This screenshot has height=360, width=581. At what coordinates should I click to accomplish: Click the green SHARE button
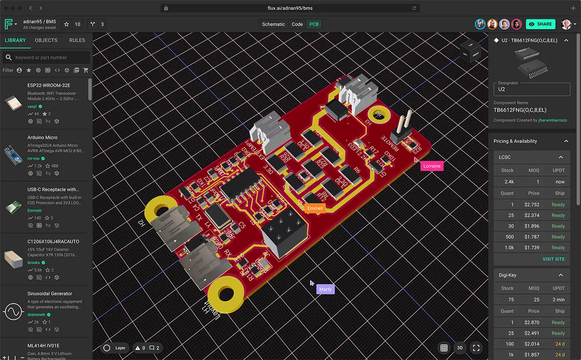[540, 24]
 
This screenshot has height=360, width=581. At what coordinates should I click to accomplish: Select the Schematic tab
[273, 24]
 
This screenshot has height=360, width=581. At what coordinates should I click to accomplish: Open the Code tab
[297, 24]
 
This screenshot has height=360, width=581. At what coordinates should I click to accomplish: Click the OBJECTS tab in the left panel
[46, 40]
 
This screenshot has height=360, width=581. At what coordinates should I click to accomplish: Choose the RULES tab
[77, 40]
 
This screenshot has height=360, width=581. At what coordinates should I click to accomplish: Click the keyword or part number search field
[50, 57]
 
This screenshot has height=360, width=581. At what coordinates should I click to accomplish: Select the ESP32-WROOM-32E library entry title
[49, 85]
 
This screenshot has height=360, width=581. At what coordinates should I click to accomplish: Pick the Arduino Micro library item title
[42, 137]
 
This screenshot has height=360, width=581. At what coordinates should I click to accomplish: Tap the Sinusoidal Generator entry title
[49, 294]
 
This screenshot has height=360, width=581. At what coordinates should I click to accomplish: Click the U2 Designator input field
[531, 89]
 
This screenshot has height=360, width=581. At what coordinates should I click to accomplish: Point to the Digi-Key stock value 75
[510, 299]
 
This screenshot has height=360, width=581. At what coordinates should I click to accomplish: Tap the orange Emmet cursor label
[315, 208]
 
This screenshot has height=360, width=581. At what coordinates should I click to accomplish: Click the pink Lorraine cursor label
[432, 166]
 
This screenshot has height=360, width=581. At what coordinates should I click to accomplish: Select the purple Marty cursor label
[325, 289]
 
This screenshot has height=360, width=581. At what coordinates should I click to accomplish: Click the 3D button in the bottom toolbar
[460, 348]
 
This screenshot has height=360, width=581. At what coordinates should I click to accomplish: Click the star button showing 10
[72, 24]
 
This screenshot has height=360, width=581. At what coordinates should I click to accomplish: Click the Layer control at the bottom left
[115, 348]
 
